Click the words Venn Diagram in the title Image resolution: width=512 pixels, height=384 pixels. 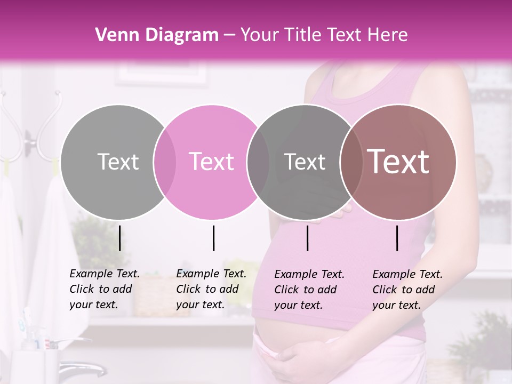(x=156, y=35)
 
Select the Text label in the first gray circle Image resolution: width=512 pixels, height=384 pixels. (x=118, y=162)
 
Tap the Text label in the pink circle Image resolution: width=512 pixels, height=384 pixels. (x=211, y=162)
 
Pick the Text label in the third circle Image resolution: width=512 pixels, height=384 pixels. (x=305, y=162)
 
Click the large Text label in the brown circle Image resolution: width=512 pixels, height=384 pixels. (x=398, y=162)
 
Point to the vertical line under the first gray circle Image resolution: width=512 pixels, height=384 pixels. (x=119, y=238)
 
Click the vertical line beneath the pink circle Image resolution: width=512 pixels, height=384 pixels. (x=213, y=238)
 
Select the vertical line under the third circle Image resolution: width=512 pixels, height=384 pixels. (x=308, y=238)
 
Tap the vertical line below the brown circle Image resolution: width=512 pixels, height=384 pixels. (x=397, y=238)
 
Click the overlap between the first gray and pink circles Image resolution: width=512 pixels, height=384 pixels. (x=165, y=162)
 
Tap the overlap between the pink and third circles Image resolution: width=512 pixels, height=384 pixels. (x=258, y=162)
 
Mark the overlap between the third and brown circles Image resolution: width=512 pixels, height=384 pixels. (x=349, y=162)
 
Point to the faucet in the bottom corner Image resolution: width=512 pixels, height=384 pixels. (x=80, y=368)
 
